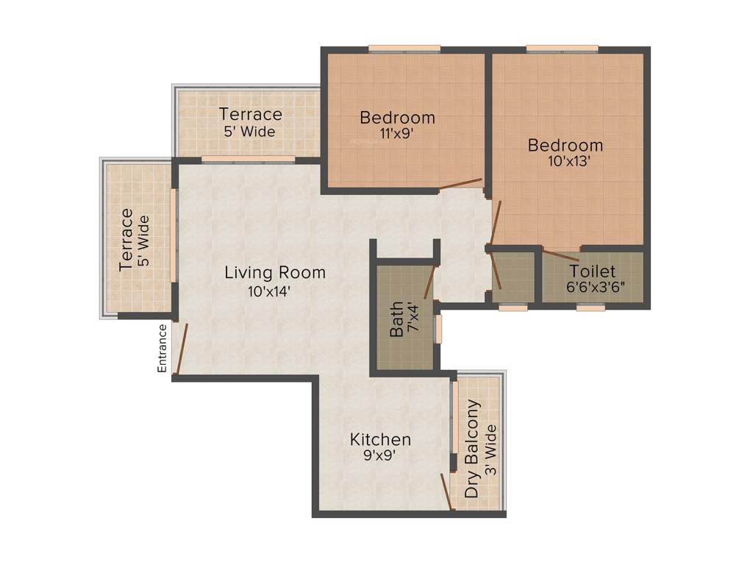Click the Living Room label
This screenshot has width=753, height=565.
pyautogui.click(x=275, y=273)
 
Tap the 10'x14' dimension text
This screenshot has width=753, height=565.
pyautogui.click(x=275, y=291)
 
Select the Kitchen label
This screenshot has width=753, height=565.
pyautogui.click(x=380, y=440)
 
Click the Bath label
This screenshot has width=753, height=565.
pyautogui.click(x=396, y=318)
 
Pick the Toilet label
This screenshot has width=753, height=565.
pyautogui.click(x=593, y=271)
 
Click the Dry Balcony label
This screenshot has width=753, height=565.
pyautogui.click(x=474, y=448)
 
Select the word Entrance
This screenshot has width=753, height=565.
pyautogui.click(x=163, y=348)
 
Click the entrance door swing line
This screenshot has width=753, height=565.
pyautogui.click(x=181, y=349)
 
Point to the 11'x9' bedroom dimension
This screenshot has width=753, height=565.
pyautogui.click(x=397, y=134)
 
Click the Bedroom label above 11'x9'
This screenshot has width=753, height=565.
pyautogui.click(x=397, y=118)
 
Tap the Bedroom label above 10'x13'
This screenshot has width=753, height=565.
pyautogui.click(x=565, y=145)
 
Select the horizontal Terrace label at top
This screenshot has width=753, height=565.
pyautogui.click(x=250, y=115)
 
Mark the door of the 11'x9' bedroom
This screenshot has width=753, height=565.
pyautogui.click(x=461, y=183)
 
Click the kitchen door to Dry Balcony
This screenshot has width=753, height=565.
pyautogui.click(x=446, y=491)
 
